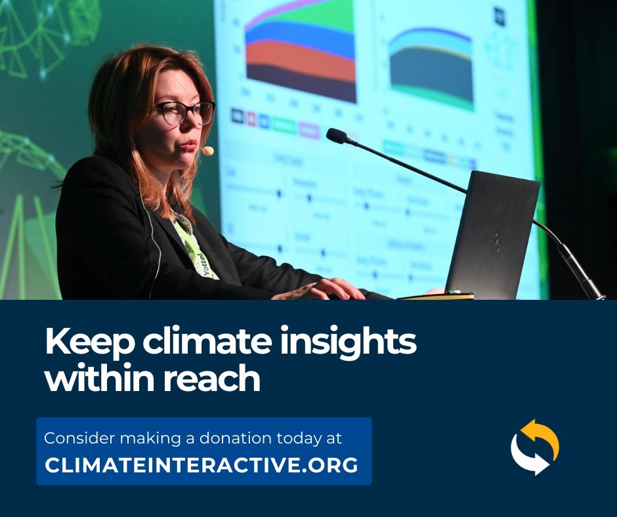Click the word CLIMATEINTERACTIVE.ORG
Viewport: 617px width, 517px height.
coord(202,465)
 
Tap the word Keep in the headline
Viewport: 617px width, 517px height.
coord(84,343)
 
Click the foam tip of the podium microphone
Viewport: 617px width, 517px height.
coord(336,136)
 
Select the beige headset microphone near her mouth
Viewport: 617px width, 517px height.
coord(207,151)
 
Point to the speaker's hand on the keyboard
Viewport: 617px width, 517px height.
coord(328,289)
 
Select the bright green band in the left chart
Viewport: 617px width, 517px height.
coord(328,16)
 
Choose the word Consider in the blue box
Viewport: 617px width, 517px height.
coord(74,438)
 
